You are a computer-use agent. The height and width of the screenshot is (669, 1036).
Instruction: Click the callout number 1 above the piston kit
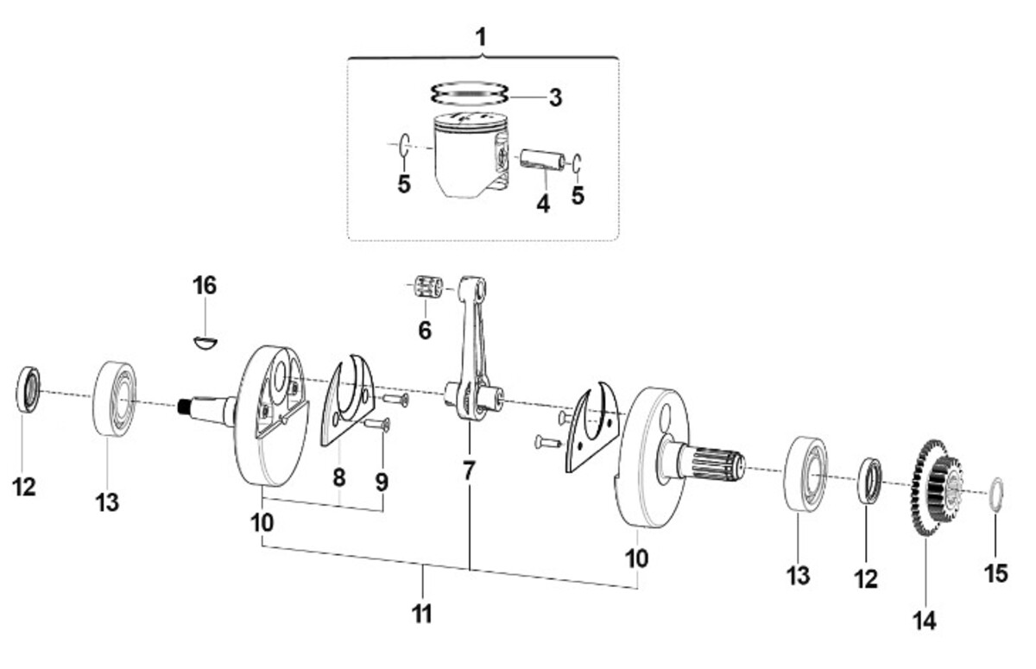point(482,38)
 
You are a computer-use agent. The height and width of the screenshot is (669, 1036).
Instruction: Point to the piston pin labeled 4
point(542,160)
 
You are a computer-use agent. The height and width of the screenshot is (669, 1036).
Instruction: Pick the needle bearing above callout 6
point(428,287)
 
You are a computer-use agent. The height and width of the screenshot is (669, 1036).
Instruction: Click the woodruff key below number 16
point(205,342)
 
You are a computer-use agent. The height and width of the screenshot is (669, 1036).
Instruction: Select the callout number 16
point(205,286)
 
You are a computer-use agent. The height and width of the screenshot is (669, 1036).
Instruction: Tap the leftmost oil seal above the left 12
point(28,388)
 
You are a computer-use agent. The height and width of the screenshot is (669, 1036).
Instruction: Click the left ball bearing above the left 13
point(115,398)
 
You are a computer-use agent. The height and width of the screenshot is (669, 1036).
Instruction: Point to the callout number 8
point(339,477)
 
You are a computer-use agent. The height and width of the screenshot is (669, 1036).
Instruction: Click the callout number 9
point(382,483)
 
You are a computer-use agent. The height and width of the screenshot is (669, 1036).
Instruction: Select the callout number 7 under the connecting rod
point(469,470)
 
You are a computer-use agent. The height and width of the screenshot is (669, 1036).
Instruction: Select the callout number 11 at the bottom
point(422,615)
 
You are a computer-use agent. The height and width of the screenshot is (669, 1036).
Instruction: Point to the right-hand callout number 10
point(637,559)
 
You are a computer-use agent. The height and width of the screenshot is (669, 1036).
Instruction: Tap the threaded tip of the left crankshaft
point(185,407)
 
